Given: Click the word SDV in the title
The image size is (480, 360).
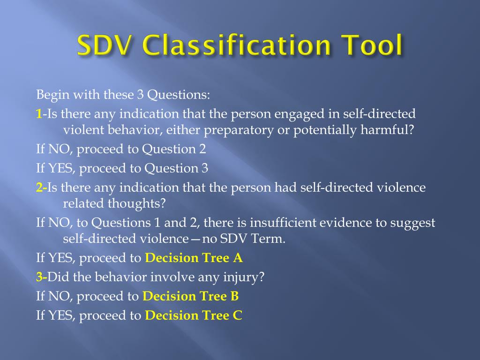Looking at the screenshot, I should (106, 46).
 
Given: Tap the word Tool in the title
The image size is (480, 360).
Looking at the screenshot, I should (371, 46).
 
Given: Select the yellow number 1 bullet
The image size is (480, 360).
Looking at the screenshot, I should (39, 114).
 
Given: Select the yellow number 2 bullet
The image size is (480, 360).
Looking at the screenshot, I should (40, 188).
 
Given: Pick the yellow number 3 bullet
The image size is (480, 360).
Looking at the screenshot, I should (40, 277).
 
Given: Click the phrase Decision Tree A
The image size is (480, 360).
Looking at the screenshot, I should (194, 258).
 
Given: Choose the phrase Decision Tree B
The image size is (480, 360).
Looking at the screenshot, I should (190, 296).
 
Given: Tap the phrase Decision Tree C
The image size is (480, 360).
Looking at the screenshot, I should (194, 315).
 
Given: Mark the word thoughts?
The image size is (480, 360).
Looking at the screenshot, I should (137, 204).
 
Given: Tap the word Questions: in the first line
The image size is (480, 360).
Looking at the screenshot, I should (179, 95).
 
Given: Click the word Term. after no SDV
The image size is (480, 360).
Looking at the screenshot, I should (269, 239).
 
